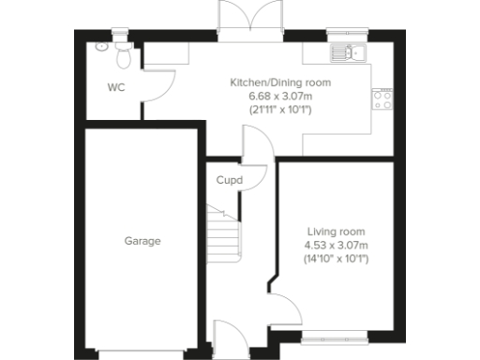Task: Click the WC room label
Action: click(x=116, y=88)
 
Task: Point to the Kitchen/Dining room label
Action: click(x=280, y=82)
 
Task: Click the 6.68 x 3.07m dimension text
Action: click(x=280, y=97)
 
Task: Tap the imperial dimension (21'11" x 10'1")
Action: click(x=280, y=110)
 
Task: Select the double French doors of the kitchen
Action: click(x=248, y=21)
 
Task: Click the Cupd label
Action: click(x=229, y=180)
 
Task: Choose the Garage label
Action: click(x=142, y=241)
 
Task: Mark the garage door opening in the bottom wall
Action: click(x=142, y=353)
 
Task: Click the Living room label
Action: click(x=336, y=232)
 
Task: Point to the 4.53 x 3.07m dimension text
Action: click(x=336, y=245)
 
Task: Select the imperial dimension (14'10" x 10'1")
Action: click(x=336, y=258)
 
